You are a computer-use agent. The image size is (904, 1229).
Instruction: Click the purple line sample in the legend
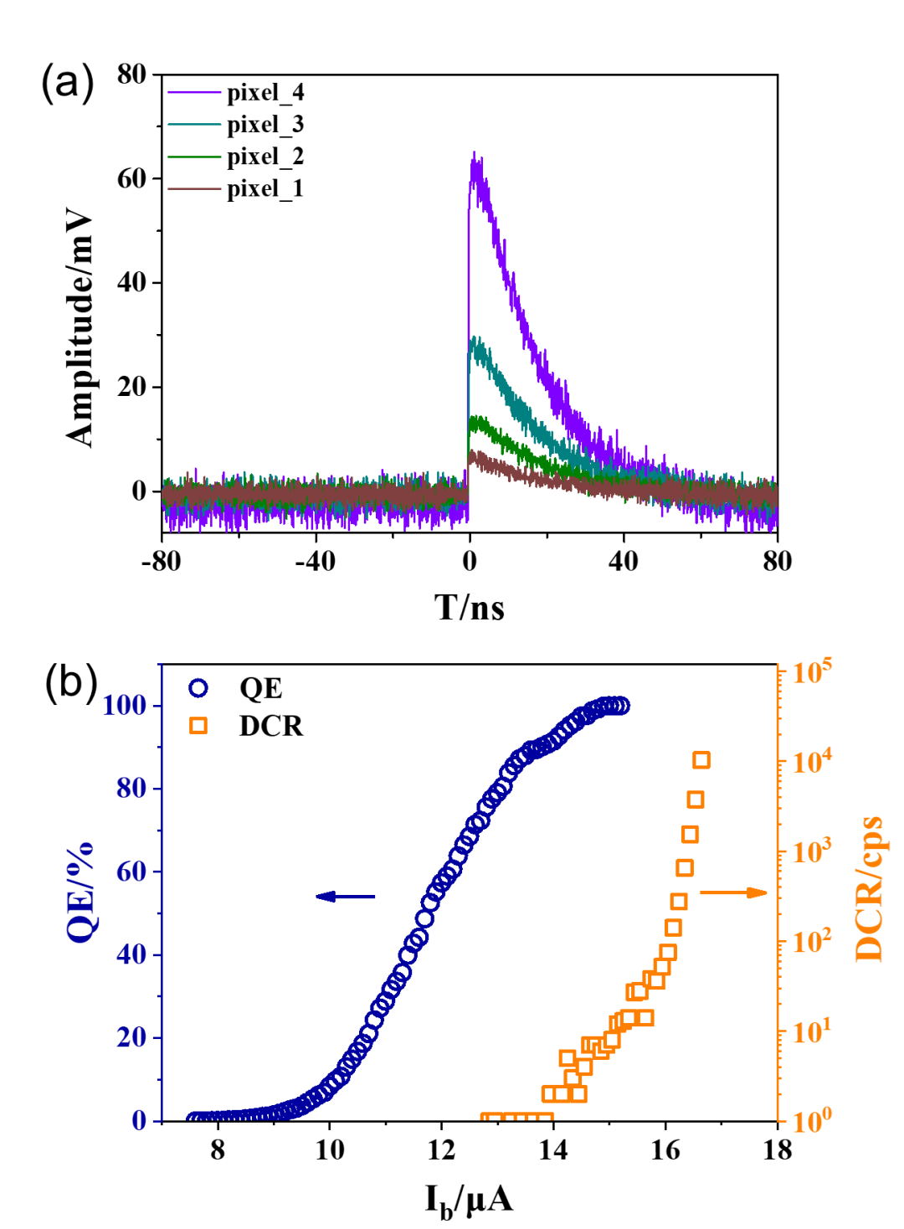coord(195,91)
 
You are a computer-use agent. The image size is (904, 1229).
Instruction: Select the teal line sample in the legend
coord(195,124)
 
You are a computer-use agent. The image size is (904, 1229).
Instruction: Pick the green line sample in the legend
coord(195,157)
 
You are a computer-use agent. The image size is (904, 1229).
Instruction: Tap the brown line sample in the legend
coord(195,188)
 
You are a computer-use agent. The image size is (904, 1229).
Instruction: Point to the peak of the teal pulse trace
coord(475,340)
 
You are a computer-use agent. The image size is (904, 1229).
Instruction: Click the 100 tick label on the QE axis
coord(124,705)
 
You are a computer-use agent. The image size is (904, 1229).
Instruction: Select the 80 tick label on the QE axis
coord(131,788)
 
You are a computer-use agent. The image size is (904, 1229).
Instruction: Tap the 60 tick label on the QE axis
coord(131,871)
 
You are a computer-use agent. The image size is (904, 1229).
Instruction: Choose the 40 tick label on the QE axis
coord(131,954)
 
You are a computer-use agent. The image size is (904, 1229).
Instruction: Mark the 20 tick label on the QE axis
coord(131,1036)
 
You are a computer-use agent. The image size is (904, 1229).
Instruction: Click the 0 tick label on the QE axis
coord(138,1119)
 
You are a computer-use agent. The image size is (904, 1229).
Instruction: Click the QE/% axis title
coord(80,892)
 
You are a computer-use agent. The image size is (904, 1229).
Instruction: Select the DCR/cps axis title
coord(870,889)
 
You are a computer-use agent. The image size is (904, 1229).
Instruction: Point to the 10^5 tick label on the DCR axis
coord(812,671)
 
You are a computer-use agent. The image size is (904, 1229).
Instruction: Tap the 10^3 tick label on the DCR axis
coord(812,851)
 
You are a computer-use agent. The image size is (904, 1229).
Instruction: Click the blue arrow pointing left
coord(346,897)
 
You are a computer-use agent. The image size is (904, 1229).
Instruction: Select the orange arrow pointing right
coord(734,892)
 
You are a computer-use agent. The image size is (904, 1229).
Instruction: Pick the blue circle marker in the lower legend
coord(198,687)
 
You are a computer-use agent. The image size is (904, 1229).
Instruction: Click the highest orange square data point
coord(701,759)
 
